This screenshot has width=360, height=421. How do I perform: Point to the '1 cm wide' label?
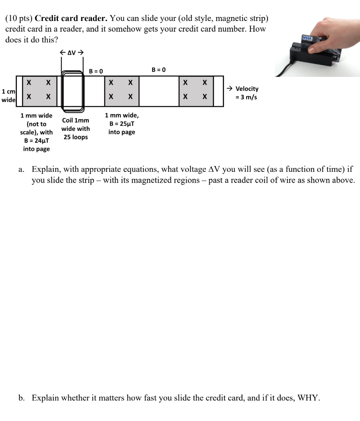[x=8, y=95]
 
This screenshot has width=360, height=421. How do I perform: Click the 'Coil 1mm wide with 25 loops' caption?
[x=75, y=129]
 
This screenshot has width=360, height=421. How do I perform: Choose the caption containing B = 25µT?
[x=122, y=124]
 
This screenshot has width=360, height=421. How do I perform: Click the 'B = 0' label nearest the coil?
[x=96, y=71]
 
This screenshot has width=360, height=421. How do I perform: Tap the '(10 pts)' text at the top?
[x=19, y=19]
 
